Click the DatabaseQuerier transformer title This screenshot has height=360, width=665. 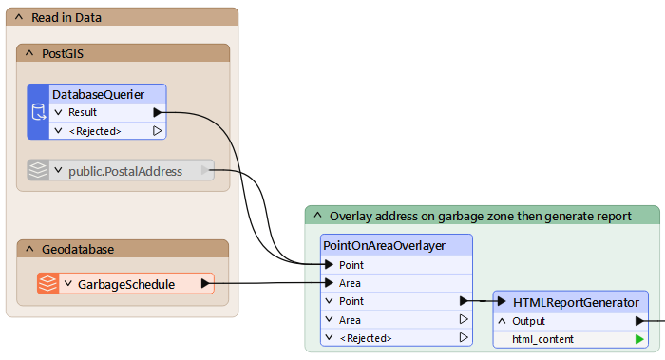[x=98, y=94]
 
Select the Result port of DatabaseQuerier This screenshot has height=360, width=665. [x=83, y=112]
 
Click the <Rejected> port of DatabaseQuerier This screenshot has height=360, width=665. [x=94, y=130]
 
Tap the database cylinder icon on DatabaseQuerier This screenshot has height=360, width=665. [x=39, y=112]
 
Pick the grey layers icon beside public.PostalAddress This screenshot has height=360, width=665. [x=37, y=171]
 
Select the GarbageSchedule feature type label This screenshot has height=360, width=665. [x=126, y=283]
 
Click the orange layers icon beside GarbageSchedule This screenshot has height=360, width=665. [x=47, y=283]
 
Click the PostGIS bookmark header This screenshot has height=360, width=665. [x=63, y=53]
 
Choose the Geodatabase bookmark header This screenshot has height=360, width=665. [x=78, y=249]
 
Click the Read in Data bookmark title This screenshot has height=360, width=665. [x=66, y=17]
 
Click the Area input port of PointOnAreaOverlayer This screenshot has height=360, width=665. [x=350, y=283]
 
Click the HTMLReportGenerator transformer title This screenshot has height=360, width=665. [x=576, y=302]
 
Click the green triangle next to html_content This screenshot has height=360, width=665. [x=638, y=339]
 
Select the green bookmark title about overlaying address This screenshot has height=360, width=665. [x=480, y=216]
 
